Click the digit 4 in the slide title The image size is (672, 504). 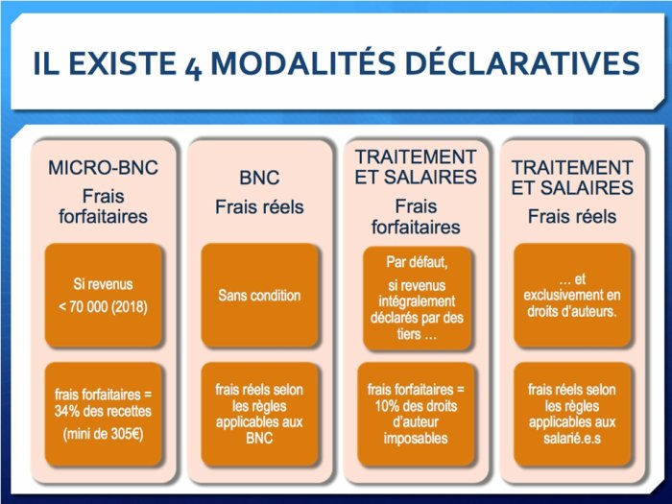coord(193,67)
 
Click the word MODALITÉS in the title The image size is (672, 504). coord(303,63)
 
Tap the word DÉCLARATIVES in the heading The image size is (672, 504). coord(522,63)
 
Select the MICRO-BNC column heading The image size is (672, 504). coord(103,167)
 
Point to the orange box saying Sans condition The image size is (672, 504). coord(260,296)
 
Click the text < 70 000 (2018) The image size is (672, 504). coord(103,307)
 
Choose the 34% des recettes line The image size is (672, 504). coord(103,411)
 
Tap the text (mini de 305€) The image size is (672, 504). coord(103,434)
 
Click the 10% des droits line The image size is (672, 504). coord(416,406)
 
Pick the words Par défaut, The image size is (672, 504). coord(417,262)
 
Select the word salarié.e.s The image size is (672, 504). coord(572,438)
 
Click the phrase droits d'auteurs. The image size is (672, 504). coord(572,311)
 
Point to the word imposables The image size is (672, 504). coord(416,439)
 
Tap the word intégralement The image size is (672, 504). coord(417,301)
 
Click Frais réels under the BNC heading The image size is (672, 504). coord(259,207)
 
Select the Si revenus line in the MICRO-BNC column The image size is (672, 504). coord(103,284)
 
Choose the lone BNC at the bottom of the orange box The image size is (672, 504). coord(259,438)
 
